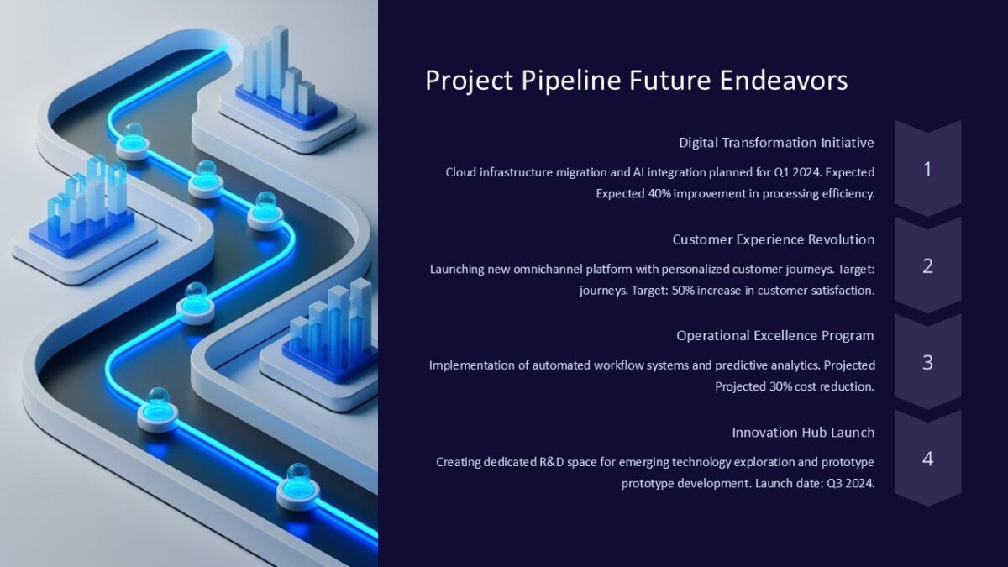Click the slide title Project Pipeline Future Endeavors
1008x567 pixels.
coord(636,81)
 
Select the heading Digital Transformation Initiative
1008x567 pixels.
coord(776,143)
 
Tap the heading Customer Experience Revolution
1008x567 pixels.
coord(773,239)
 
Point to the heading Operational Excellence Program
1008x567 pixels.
coord(774,336)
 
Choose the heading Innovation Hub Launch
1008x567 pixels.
coord(803,433)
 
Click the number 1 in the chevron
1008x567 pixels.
coord(927,170)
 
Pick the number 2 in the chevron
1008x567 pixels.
coord(927,266)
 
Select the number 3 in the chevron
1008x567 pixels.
coord(927,363)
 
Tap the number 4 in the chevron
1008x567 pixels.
coord(927,459)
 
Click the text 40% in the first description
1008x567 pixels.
coord(660,193)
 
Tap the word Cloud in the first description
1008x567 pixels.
coord(460,172)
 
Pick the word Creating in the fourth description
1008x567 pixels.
coord(458,462)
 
